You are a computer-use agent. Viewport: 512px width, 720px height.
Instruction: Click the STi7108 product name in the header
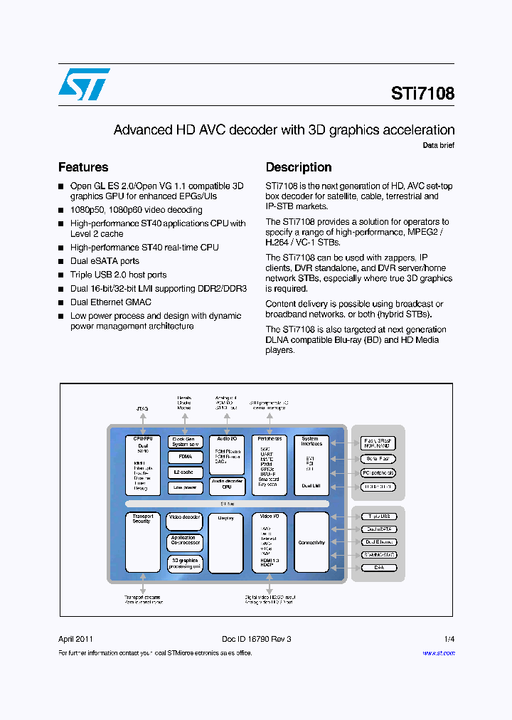tap(422, 94)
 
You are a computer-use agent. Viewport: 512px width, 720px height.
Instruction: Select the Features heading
tap(83, 167)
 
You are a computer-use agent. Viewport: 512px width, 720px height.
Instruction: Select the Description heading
tap(299, 167)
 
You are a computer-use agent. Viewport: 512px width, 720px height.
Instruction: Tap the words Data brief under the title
tap(438, 145)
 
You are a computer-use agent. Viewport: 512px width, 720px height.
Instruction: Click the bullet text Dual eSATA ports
tap(105, 261)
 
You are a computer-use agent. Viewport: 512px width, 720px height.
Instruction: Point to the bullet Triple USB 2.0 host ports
tap(118, 275)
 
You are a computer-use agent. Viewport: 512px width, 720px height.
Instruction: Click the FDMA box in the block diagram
tap(185, 457)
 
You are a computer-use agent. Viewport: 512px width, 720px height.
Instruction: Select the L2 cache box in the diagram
tap(185, 472)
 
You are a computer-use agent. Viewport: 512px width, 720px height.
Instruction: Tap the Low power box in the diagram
tap(185, 487)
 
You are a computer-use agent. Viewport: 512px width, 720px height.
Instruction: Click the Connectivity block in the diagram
tap(311, 543)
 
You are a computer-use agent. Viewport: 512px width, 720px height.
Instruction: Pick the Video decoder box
tap(185, 517)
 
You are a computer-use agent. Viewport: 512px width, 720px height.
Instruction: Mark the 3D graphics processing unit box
tap(185, 563)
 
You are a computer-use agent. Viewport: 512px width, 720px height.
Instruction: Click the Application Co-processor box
tap(185, 541)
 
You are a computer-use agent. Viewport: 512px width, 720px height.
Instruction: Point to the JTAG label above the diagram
tap(142, 409)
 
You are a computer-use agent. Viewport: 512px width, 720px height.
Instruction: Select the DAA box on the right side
tap(378, 568)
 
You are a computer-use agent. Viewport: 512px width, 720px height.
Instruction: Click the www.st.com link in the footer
tap(439, 653)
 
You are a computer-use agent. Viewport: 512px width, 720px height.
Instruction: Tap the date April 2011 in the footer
tap(75, 639)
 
